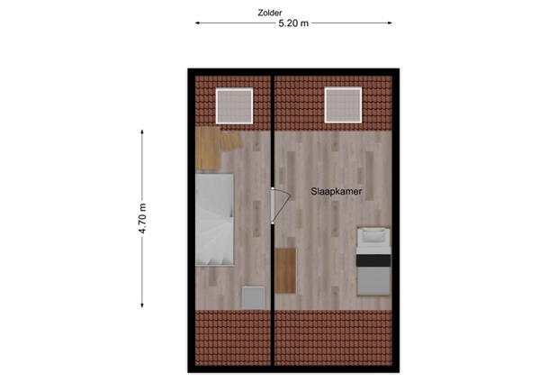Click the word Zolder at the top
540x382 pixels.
tap(268, 13)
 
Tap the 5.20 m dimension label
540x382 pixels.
tap(293, 23)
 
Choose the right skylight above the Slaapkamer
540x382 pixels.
tap(343, 105)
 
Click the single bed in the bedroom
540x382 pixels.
tap(372, 261)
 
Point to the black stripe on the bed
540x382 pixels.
tap(372, 259)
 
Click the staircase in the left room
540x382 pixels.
tap(215, 220)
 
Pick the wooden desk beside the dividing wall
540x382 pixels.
tap(286, 269)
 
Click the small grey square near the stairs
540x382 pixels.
tap(254, 296)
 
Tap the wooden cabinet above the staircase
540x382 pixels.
tap(212, 149)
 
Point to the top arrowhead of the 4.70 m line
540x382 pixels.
tap(142, 132)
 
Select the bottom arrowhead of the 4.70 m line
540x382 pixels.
tap(142, 307)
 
